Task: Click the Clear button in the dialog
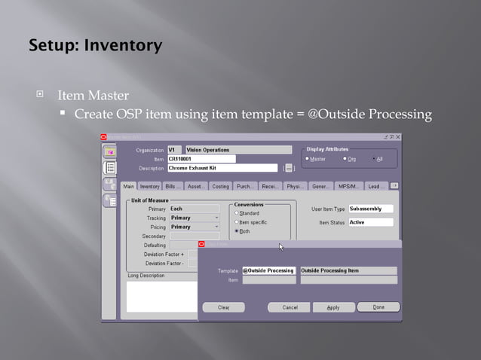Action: click(x=224, y=307)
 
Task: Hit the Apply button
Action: click(x=333, y=307)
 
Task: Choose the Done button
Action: click(x=378, y=307)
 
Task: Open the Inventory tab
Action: click(x=150, y=186)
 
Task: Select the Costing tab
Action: click(x=221, y=186)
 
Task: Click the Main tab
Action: click(x=129, y=186)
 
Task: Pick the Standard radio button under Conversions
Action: click(x=236, y=213)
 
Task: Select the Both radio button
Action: click(x=236, y=231)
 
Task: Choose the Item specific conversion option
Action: click(x=236, y=222)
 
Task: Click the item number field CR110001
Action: click(x=201, y=159)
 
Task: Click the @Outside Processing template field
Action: click(x=268, y=270)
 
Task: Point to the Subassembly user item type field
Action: click(x=370, y=209)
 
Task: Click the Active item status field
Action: click(x=370, y=223)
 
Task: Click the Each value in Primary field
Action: click(x=194, y=209)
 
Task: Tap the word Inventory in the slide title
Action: click(x=124, y=45)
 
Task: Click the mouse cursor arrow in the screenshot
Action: click(x=281, y=246)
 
